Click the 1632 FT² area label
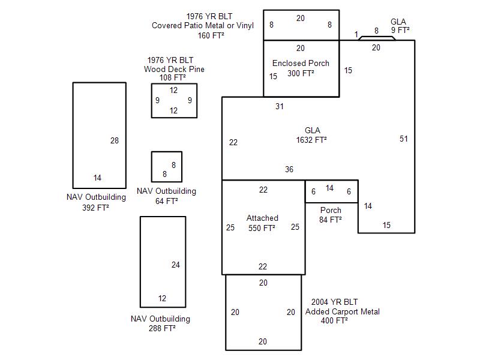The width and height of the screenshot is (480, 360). click(311, 140)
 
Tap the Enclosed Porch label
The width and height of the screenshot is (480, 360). click(301, 63)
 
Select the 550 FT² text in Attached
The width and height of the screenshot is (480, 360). click(262, 228)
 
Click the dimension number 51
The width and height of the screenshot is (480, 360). click(404, 139)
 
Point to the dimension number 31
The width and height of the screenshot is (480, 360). click(280, 107)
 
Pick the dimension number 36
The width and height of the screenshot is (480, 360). click(289, 170)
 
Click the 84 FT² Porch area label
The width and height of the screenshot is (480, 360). click(331, 220)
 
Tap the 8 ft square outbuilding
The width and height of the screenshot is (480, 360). click(167, 167)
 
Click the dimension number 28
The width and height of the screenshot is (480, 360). click(115, 141)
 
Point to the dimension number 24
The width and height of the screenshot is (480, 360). click(176, 265)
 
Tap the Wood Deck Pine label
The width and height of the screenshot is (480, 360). click(174, 69)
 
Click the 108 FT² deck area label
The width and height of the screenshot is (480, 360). click(172, 77)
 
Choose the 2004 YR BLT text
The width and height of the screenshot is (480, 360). click(335, 302)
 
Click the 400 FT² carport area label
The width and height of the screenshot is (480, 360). click(335, 321)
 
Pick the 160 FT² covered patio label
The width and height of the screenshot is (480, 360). click(211, 35)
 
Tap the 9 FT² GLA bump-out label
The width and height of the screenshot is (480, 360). click(400, 30)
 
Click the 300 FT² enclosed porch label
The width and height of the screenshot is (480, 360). click(301, 73)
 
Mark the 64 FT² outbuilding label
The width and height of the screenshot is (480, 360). click(166, 201)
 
